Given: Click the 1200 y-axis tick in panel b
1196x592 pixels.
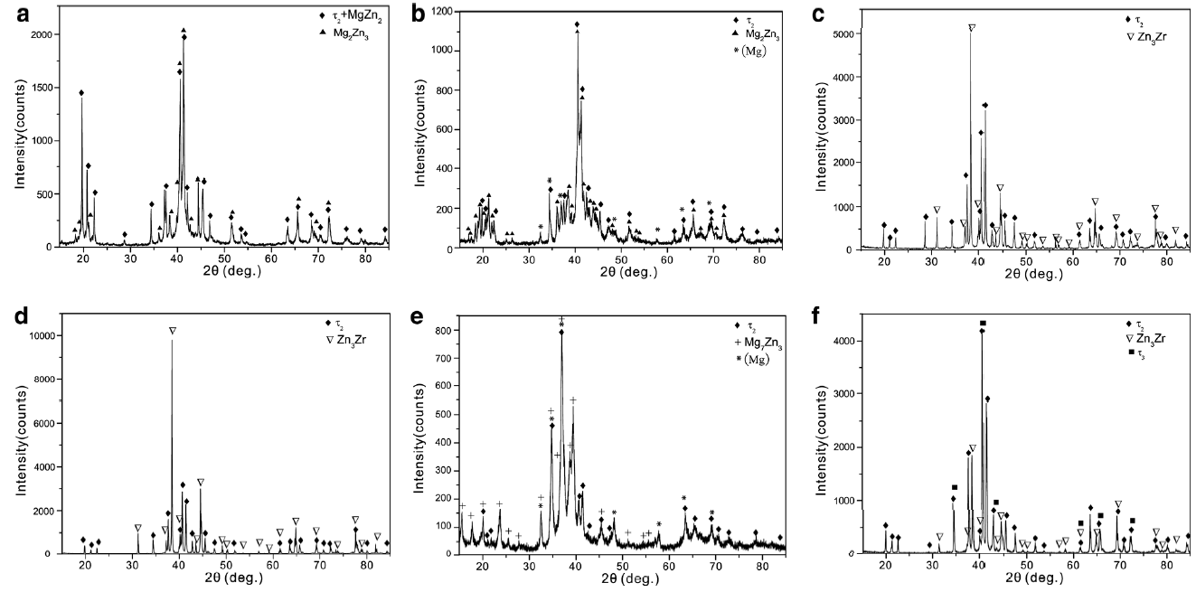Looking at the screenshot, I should tap(438, 12).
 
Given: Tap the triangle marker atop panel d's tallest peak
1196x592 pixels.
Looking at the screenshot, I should tap(173, 331).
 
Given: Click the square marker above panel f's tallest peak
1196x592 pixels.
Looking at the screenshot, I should tap(983, 323).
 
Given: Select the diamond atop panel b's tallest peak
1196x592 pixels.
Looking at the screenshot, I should tap(577, 24).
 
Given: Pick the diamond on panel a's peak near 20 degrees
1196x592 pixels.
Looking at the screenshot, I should tap(81, 93).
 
